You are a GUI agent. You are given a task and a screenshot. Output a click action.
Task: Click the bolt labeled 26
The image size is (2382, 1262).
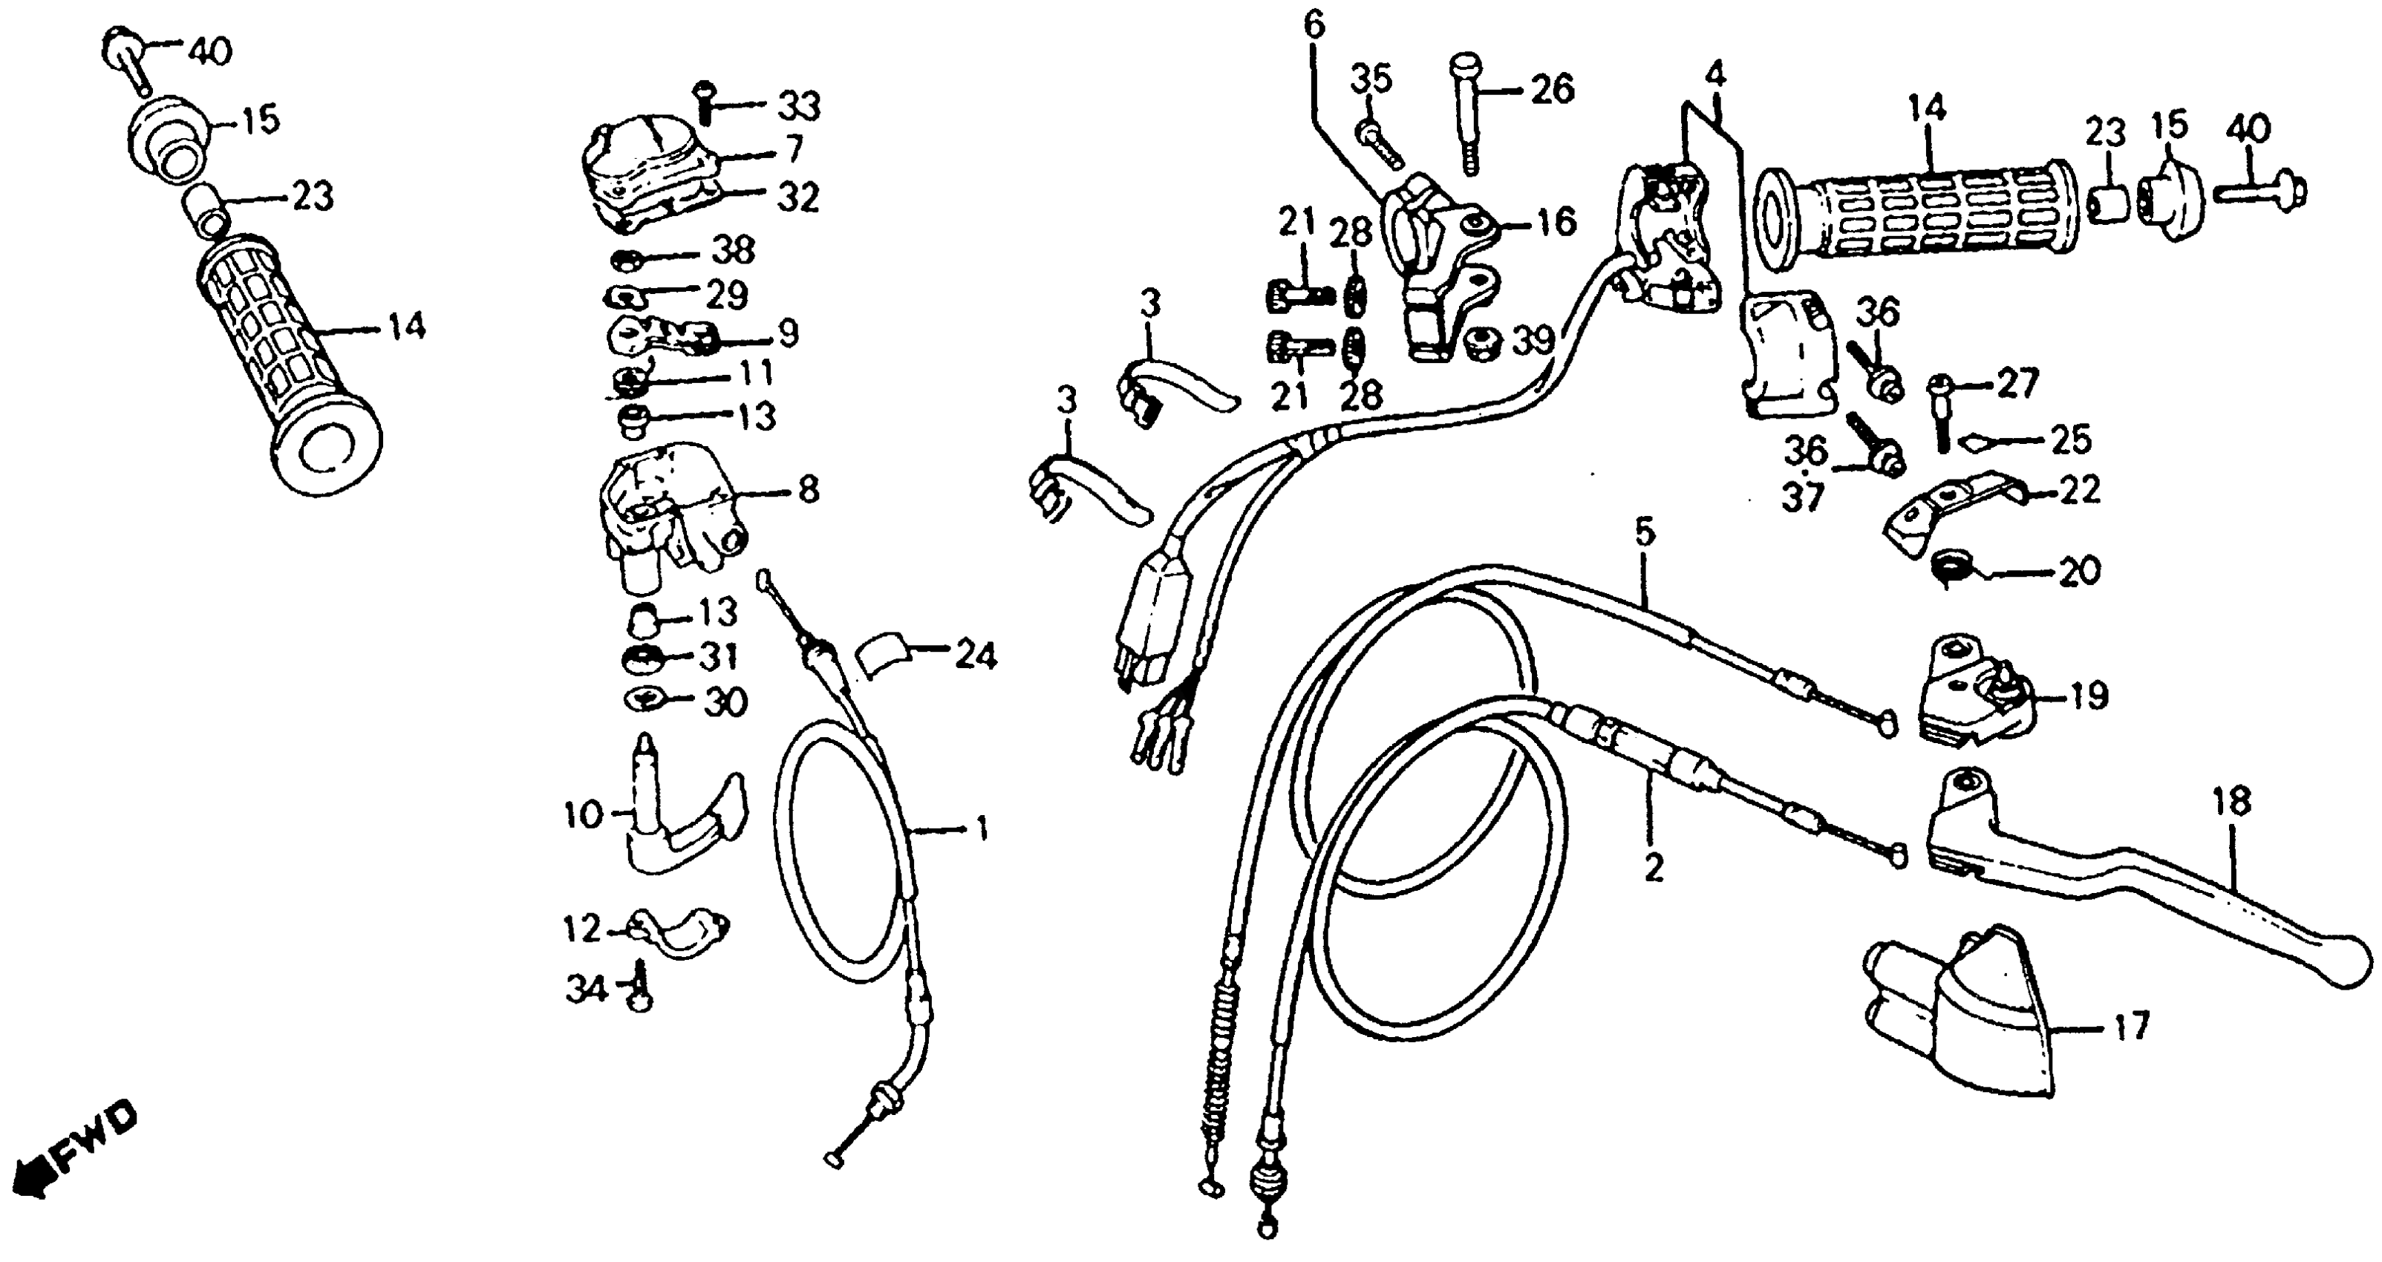pos(1466,111)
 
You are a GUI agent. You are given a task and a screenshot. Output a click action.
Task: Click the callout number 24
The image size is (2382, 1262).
pos(976,655)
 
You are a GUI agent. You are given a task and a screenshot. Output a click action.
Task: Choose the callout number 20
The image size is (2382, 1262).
pos(2080,572)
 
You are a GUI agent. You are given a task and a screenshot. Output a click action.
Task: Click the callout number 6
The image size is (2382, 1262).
pos(1315,26)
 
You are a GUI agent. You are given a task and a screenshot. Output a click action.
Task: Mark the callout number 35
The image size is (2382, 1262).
pos(1371,80)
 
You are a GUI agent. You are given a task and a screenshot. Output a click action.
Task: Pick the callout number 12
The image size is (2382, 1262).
pos(584,928)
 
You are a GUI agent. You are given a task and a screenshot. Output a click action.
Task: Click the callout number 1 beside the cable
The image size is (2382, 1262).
pos(982,828)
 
